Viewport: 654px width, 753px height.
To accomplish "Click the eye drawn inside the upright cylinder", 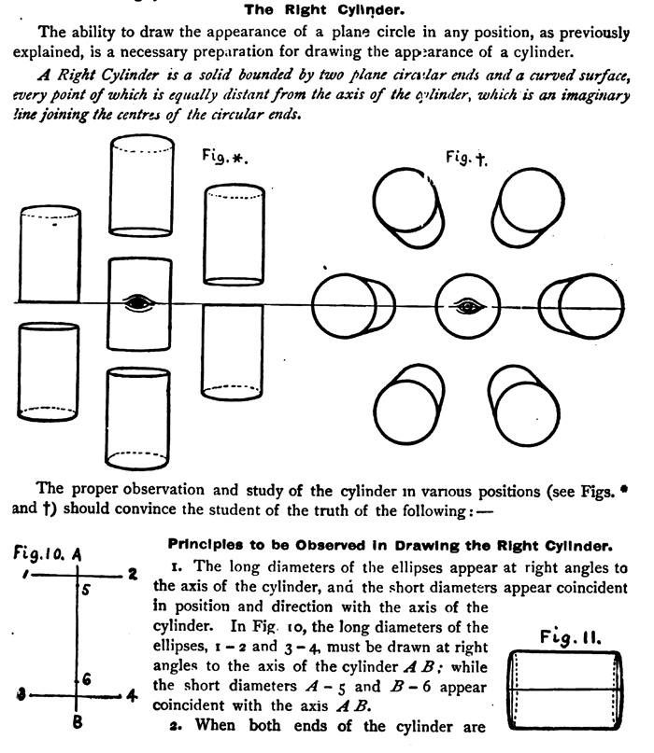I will pyautogui.click(x=139, y=302).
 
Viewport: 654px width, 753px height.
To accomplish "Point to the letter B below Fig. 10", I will pyautogui.click(x=78, y=719).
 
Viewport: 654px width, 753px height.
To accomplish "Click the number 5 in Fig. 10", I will pyautogui.click(x=84, y=590).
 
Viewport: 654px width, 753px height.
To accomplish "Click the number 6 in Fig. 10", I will pyautogui.click(x=85, y=679).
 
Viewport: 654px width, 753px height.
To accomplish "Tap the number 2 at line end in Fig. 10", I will pyautogui.click(x=133, y=572).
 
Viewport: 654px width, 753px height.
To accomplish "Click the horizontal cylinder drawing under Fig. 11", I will pyautogui.click(x=567, y=691).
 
